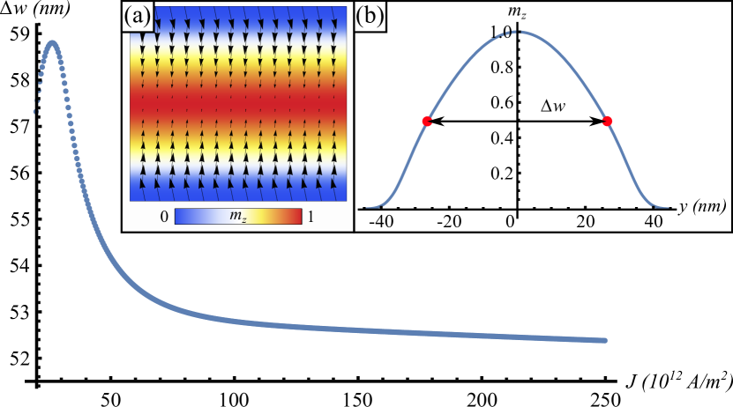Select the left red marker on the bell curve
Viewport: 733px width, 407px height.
click(x=427, y=122)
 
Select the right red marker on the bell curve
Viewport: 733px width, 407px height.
click(x=607, y=121)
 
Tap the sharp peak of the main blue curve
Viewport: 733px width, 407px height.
click(x=54, y=42)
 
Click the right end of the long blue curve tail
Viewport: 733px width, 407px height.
click(x=605, y=340)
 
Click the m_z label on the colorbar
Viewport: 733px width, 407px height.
click(x=238, y=217)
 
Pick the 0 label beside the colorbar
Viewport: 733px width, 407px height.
click(x=164, y=217)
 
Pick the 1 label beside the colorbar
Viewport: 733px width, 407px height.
click(x=310, y=217)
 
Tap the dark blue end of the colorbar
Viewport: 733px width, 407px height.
click(x=180, y=217)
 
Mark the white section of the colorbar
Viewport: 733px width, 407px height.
click(x=216, y=217)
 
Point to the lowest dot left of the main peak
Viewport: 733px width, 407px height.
click(x=36, y=113)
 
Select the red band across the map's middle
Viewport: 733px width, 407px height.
click(x=238, y=103)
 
